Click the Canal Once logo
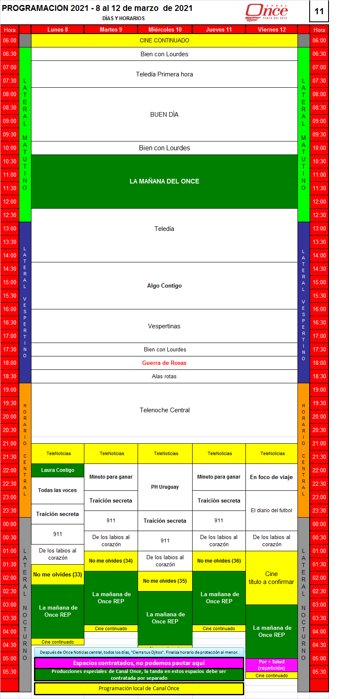[266, 11]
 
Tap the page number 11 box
[319, 11]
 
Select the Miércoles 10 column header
[165, 29]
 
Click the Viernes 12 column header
[271, 29]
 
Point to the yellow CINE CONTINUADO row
[164, 40]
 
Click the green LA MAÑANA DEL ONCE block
[164, 181]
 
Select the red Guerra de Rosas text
[164, 363]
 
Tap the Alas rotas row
[164, 376]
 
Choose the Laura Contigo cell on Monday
[57, 470]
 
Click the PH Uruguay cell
[165, 487]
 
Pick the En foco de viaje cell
[271, 477]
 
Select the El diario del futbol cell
[271, 511]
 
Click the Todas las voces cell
[57, 490]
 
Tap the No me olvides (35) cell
[165, 581]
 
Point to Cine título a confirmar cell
[271, 578]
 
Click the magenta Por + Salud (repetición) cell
[271, 665]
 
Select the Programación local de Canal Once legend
[139, 689]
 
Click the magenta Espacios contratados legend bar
[139, 663]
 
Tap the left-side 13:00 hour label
[10, 228]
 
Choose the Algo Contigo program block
[164, 285]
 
